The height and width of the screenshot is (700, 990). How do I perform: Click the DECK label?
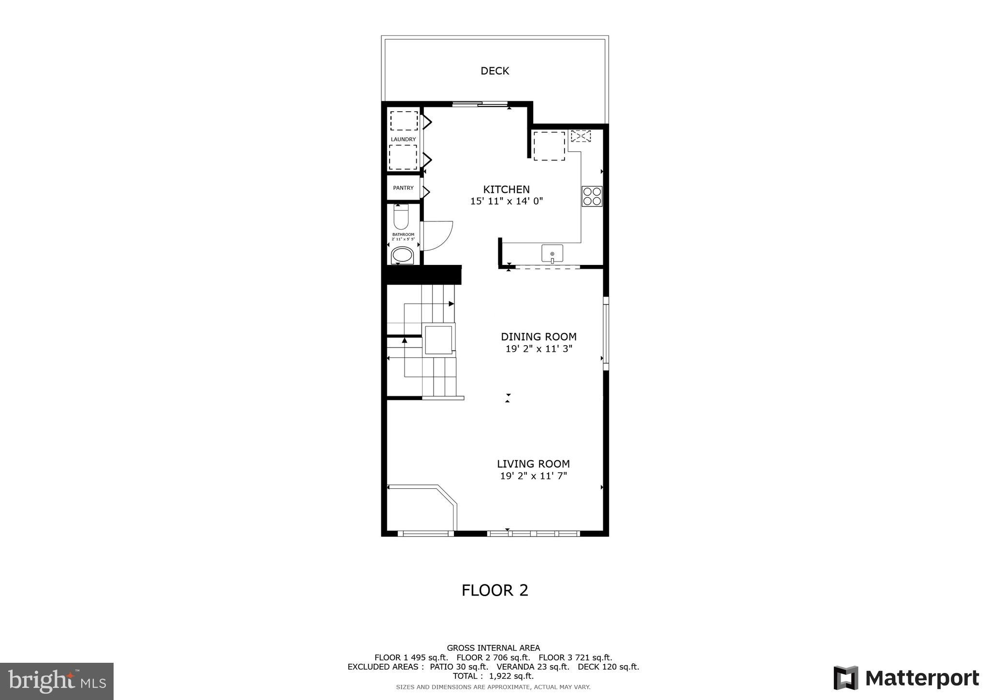pyautogui.click(x=495, y=71)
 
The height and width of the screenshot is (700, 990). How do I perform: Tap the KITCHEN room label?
pyautogui.click(x=506, y=190)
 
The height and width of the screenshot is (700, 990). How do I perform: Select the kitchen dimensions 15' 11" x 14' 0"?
pyautogui.click(x=506, y=201)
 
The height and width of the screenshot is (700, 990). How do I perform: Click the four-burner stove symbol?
pyautogui.click(x=592, y=196)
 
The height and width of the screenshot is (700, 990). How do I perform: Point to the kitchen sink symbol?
pyautogui.click(x=552, y=254)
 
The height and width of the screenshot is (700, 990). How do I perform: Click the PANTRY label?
pyautogui.click(x=403, y=188)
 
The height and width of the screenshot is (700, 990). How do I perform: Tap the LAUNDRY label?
pyautogui.click(x=403, y=140)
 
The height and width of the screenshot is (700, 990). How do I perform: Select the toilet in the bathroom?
pyautogui.click(x=401, y=217)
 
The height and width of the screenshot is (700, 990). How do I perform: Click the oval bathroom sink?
pyautogui.click(x=402, y=255)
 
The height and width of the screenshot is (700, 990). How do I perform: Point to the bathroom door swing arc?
pyautogui.click(x=437, y=235)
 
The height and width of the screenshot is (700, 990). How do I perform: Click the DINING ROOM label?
pyautogui.click(x=539, y=337)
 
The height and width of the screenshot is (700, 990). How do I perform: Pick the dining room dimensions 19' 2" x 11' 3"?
pyautogui.click(x=539, y=349)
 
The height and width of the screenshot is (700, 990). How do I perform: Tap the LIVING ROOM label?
pyautogui.click(x=533, y=464)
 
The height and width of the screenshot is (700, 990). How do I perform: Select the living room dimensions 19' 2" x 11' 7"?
pyautogui.click(x=533, y=476)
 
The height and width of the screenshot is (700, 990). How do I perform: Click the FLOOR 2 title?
pyautogui.click(x=495, y=590)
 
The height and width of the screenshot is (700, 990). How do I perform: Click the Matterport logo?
pyautogui.click(x=906, y=678)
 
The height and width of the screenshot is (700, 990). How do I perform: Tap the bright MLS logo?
pyautogui.click(x=57, y=681)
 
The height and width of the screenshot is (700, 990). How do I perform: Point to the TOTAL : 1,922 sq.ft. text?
pyautogui.click(x=493, y=676)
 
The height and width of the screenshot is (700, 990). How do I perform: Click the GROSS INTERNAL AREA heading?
pyautogui.click(x=493, y=648)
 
